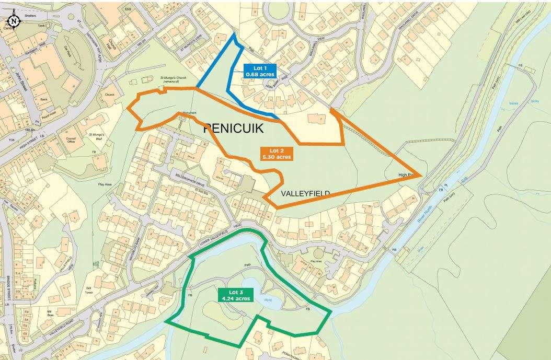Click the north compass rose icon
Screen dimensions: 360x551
point(14,21)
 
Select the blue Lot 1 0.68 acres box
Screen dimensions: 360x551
point(260,71)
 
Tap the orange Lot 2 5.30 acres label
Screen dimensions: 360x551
point(277,153)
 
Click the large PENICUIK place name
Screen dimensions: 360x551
point(233,129)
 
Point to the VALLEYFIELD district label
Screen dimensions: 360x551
point(305,193)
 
